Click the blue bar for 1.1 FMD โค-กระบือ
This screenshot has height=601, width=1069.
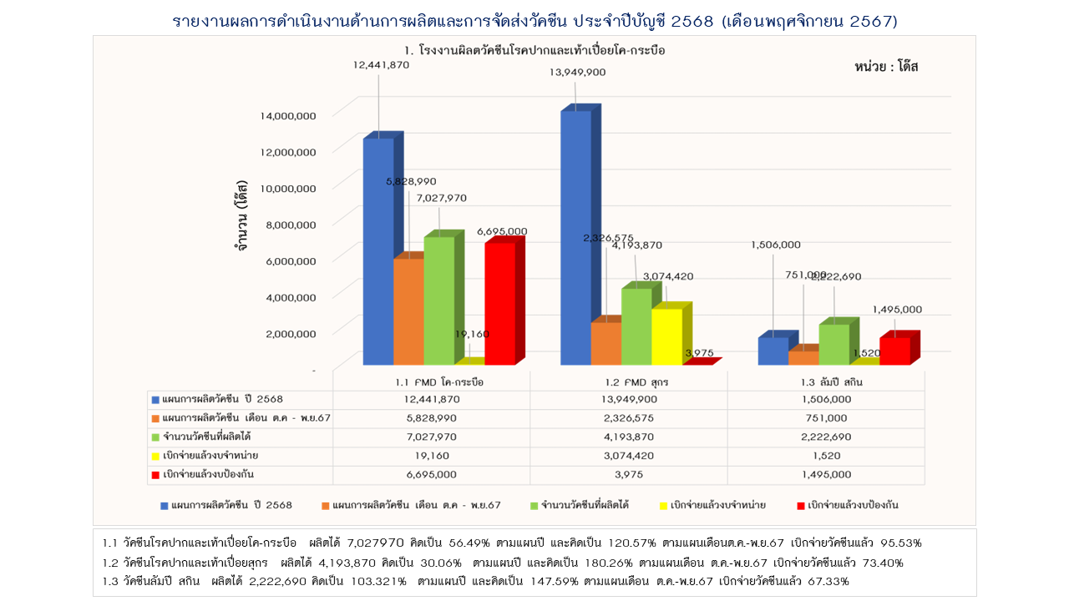point(377,250)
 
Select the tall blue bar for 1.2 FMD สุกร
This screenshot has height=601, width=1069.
point(575,238)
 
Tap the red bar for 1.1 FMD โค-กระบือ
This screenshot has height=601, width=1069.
point(499,303)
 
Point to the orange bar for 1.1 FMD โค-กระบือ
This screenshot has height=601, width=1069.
point(408,311)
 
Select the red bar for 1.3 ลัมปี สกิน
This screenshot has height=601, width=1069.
point(894,351)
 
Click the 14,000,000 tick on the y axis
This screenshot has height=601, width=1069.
point(288,115)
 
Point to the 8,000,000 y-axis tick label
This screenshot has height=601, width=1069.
point(288,224)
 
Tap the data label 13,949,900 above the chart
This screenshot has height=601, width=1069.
point(577,73)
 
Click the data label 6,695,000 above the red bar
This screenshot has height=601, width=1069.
point(502,231)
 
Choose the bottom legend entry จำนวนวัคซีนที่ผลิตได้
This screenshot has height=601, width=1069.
point(584,505)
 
